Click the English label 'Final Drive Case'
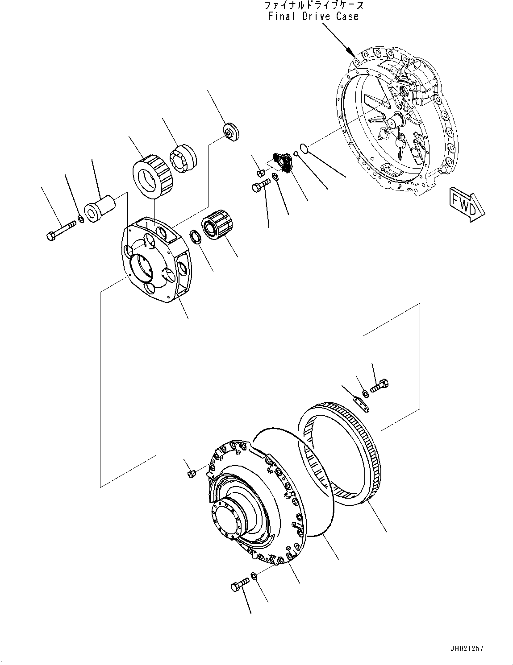[x=313, y=17]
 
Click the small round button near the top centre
[x=231, y=132]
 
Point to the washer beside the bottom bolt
[x=254, y=576]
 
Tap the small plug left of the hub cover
[x=191, y=473]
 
